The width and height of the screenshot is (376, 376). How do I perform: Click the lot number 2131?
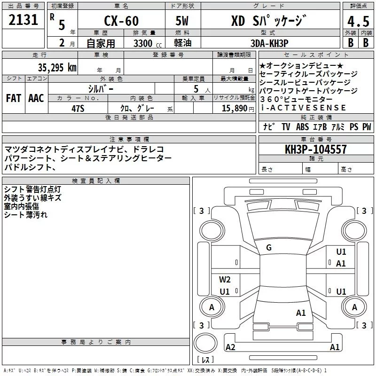23,20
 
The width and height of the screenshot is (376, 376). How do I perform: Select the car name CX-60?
121,21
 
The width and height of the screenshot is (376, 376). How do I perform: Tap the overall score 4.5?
358,22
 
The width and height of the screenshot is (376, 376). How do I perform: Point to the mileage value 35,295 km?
57,67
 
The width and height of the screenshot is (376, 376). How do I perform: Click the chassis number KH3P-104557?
316,149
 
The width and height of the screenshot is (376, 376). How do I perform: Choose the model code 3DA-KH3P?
269,43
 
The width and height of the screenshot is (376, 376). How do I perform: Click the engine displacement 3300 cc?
148,43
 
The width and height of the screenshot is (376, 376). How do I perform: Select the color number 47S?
78,109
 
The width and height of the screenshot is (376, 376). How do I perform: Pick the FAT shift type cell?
14,98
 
